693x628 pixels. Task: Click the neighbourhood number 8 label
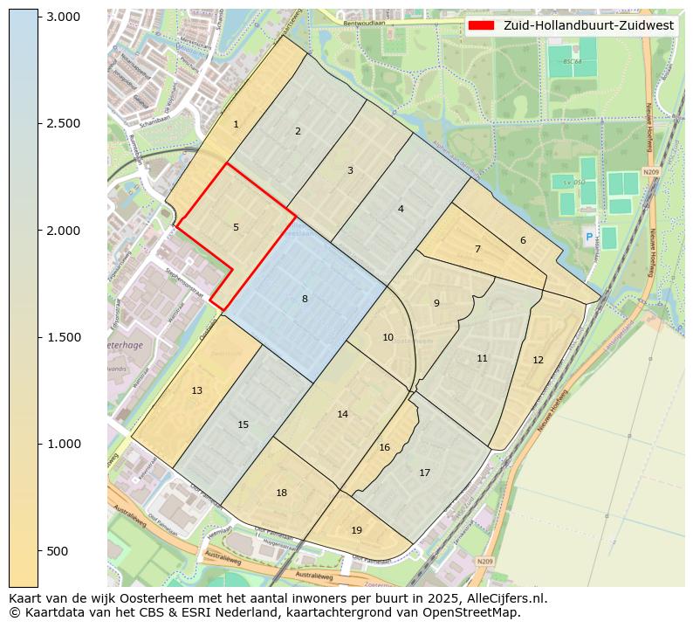pos(305,299)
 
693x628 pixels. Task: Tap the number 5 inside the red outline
pos(236,227)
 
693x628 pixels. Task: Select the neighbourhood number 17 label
pos(424,473)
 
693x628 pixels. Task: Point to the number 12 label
pos(538,360)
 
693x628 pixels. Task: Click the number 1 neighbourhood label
pos(236,125)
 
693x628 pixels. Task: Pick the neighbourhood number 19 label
pos(356,530)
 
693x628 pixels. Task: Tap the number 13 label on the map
pos(196,390)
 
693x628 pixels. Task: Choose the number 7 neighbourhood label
pos(477,249)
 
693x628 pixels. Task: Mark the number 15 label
pos(243,424)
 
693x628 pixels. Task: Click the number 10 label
pos(388,337)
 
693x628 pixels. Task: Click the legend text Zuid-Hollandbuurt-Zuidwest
pos(588,25)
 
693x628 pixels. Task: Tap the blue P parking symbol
pos(588,237)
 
